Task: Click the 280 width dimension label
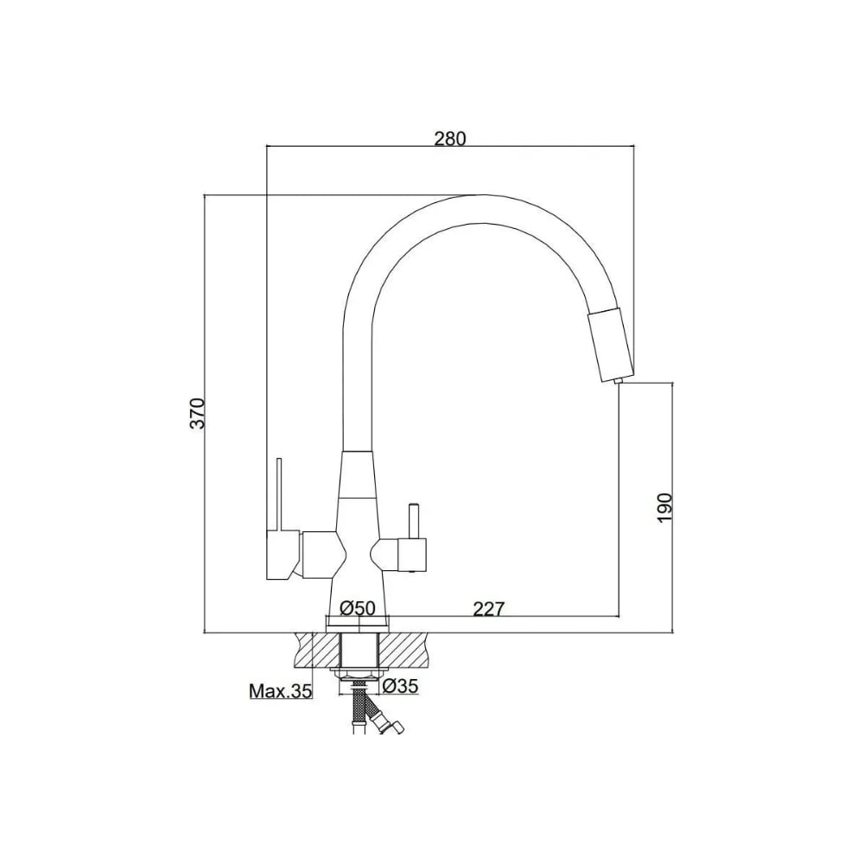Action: [x=449, y=138]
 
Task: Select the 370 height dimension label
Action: [x=197, y=413]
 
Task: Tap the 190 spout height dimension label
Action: [x=665, y=507]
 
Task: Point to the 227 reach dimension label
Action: [x=488, y=609]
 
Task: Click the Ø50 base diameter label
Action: [x=358, y=608]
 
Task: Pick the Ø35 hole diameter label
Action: [x=401, y=686]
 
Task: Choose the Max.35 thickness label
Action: [x=281, y=690]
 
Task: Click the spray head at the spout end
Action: [x=610, y=346]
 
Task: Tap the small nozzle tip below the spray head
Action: [x=619, y=381]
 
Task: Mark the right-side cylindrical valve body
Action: [x=411, y=555]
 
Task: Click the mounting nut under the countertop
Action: [x=359, y=673]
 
